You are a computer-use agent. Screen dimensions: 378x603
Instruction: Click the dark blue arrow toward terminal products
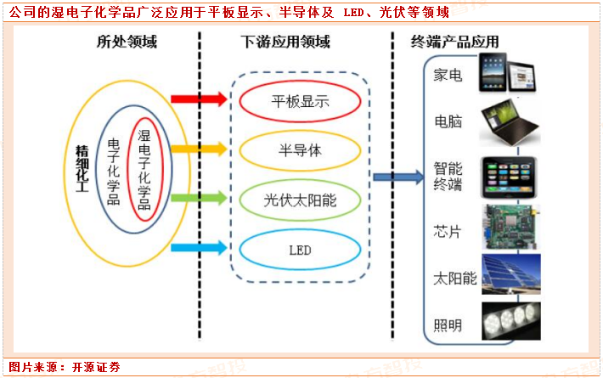point(398,177)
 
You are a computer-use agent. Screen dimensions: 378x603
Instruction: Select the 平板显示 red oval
point(300,102)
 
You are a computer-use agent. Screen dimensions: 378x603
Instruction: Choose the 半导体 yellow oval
point(300,150)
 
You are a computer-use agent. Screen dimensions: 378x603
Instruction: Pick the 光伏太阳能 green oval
point(300,200)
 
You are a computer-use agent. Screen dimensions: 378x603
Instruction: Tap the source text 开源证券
point(95,367)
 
